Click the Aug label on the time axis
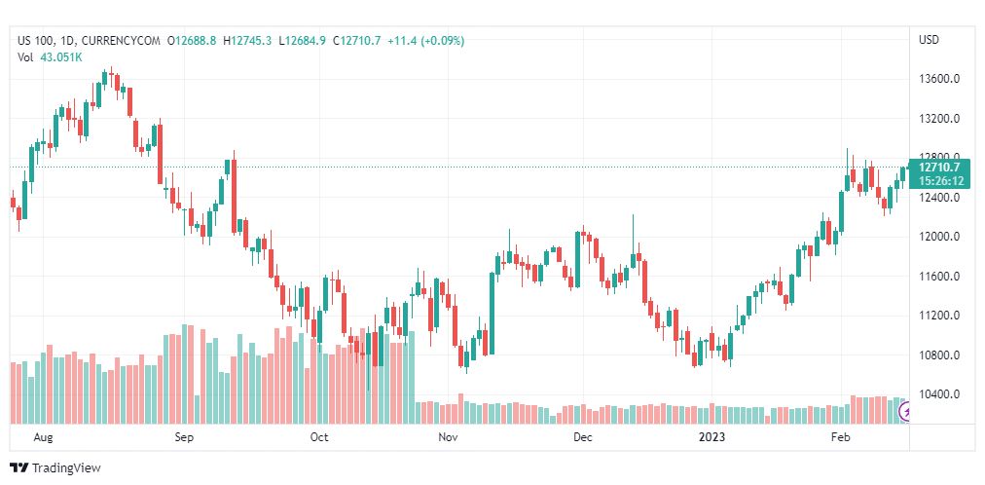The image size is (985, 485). pyautogui.click(x=43, y=438)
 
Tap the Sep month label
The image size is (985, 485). pyautogui.click(x=185, y=438)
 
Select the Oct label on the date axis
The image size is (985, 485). pyautogui.click(x=319, y=438)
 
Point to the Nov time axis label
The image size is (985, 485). pyautogui.click(x=448, y=438)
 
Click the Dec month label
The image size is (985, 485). pyautogui.click(x=582, y=438)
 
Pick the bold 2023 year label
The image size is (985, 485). pyautogui.click(x=711, y=438)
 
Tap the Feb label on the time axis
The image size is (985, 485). pyautogui.click(x=841, y=438)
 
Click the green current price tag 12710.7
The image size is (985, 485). pyautogui.click(x=940, y=168)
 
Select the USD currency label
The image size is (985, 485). pyautogui.click(x=929, y=40)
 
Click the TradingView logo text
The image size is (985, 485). pyautogui.click(x=66, y=468)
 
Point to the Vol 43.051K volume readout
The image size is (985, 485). pyautogui.click(x=50, y=56)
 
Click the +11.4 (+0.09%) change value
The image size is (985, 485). pyautogui.click(x=425, y=41)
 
